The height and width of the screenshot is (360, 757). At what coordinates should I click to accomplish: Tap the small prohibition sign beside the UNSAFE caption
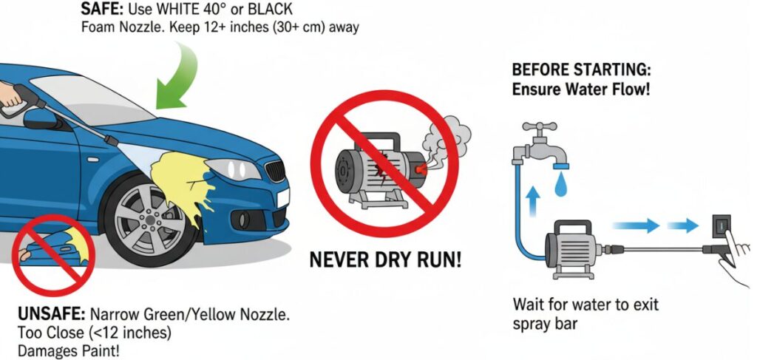[x=52, y=253]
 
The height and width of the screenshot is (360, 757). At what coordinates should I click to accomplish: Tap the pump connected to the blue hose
[x=572, y=247]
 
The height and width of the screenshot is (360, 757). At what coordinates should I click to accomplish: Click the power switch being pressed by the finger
[x=722, y=225]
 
